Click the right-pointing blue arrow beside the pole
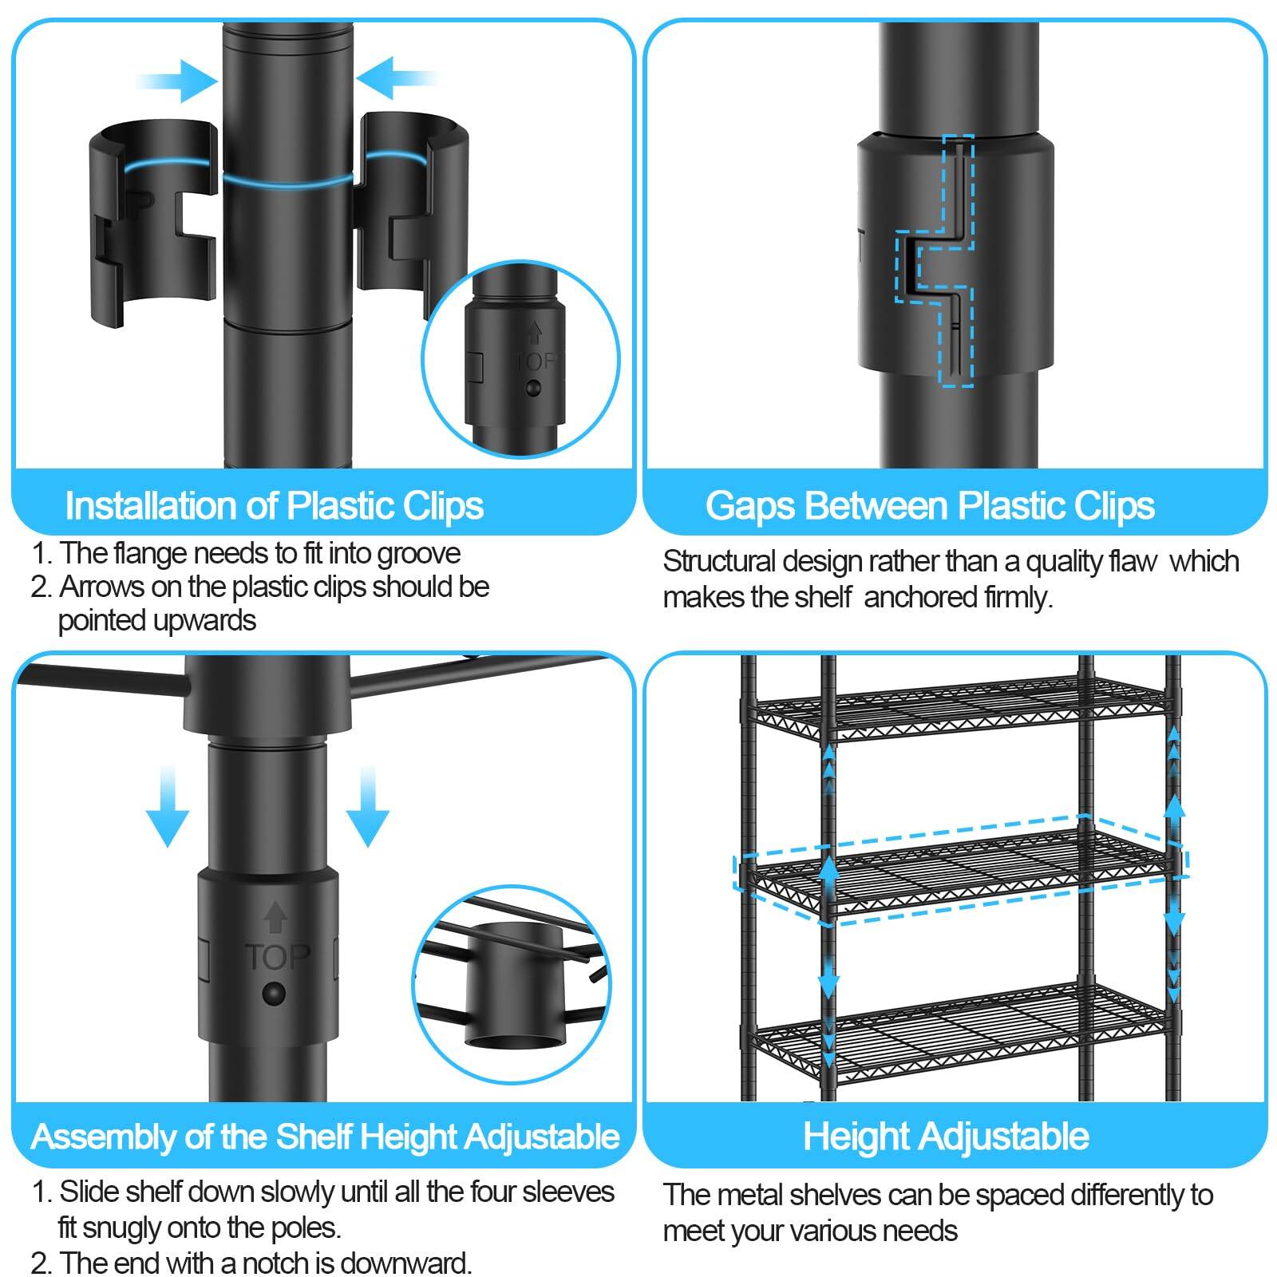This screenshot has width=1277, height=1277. click(177, 80)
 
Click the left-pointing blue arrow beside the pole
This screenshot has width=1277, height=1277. click(397, 77)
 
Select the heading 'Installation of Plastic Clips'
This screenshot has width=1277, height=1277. click(275, 505)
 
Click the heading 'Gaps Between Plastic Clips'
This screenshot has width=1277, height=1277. click(931, 505)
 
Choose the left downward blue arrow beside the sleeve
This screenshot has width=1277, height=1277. click(168, 806)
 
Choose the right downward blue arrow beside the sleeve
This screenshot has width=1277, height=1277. click(368, 806)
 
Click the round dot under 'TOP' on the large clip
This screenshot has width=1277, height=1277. click(274, 994)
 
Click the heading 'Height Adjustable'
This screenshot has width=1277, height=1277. click(946, 1136)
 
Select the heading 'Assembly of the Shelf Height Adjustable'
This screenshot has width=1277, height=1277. click(325, 1136)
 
